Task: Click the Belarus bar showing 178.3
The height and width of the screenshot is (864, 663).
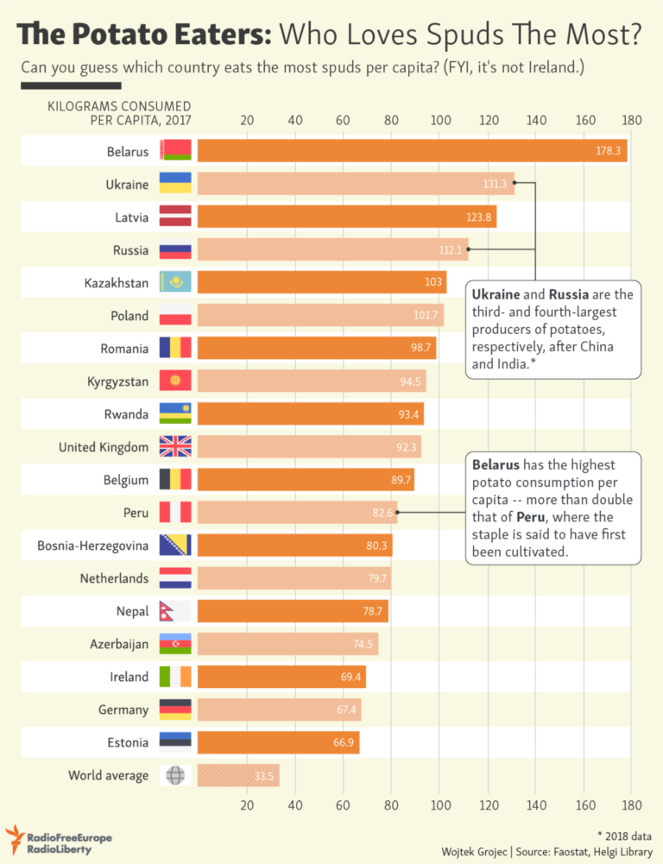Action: pos(412,150)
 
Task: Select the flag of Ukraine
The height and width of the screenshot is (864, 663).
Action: pos(175,183)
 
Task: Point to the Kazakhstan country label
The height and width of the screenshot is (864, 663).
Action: pos(116,282)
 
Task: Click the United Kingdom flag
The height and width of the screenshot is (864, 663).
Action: pos(175,447)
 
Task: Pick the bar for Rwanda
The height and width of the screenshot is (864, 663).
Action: pos(310,414)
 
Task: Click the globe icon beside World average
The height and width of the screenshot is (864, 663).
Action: pos(175,775)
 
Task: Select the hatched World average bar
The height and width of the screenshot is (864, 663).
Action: pos(238,775)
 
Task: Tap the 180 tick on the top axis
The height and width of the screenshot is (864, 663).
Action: pos(631,120)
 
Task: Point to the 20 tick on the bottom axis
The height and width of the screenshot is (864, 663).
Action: pos(247,805)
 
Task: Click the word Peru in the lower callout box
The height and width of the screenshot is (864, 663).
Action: pos(531,517)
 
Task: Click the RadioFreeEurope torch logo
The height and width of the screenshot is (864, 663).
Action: pos(15,838)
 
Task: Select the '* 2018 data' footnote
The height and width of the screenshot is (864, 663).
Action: pos(624,834)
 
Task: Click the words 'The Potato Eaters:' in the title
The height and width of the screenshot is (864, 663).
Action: pos(145,35)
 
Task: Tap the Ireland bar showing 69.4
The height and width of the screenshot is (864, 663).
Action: pos(281,677)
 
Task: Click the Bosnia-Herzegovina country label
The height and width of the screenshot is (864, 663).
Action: pos(92,546)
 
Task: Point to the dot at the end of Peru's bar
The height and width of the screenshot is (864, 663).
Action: pos(398,512)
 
